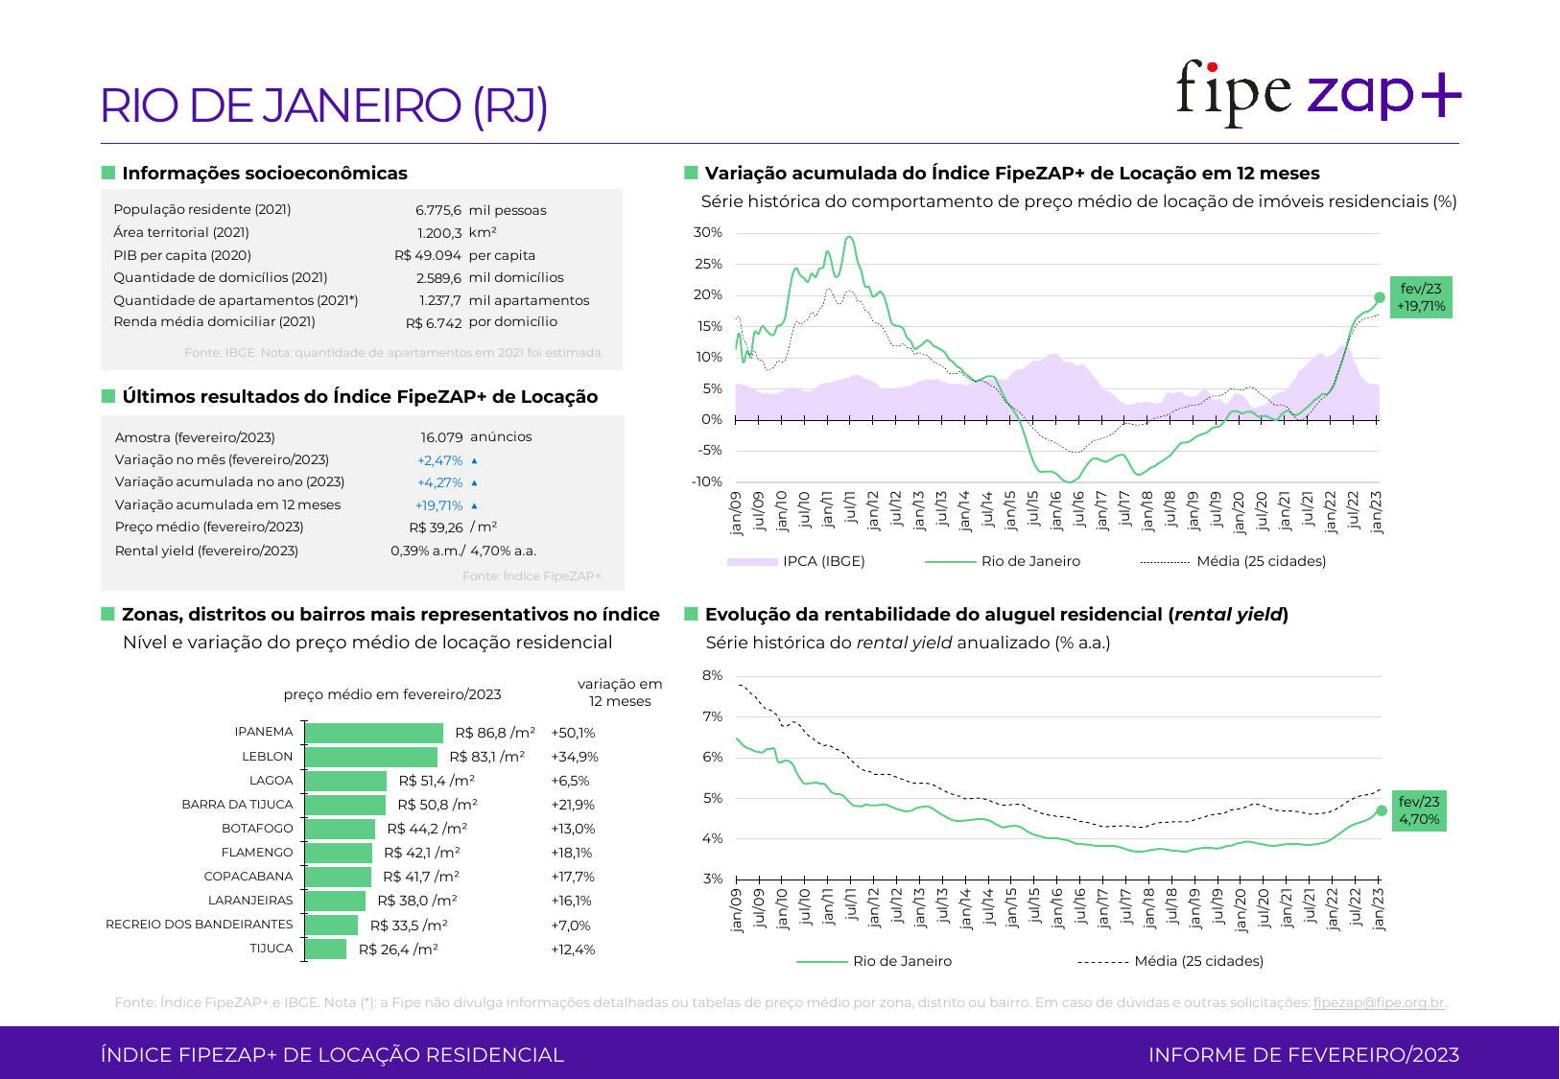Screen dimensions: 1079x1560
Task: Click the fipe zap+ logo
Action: click(1317, 92)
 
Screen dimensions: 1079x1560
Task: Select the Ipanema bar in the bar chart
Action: click(374, 733)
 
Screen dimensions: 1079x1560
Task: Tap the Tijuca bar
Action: click(326, 950)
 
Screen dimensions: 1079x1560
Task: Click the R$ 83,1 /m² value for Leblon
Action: click(486, 757)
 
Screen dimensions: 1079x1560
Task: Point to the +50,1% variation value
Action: click(573, 733)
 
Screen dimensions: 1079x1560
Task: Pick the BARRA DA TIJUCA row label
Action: click(237, 805)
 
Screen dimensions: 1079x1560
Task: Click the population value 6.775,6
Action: click(437, 210)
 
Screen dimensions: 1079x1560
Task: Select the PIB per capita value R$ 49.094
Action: click(427, 255)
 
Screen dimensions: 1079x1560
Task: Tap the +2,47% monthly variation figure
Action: click(439, 460)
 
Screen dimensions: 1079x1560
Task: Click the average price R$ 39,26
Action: click(436, 528)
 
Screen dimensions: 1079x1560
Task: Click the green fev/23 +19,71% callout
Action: click(1421, 297)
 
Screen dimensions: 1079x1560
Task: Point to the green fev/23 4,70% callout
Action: click(1419, 810)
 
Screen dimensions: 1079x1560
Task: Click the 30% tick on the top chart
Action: click(708, 232)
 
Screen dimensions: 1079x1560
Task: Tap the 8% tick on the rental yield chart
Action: click(712, 675)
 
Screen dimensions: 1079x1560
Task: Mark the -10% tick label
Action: click(707, 481)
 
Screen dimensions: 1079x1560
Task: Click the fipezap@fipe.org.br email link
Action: click(1378, 1002)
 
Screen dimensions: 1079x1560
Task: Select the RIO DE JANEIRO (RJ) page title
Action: click(324, 106)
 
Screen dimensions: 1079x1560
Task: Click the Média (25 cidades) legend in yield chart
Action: click(1198, 961)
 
